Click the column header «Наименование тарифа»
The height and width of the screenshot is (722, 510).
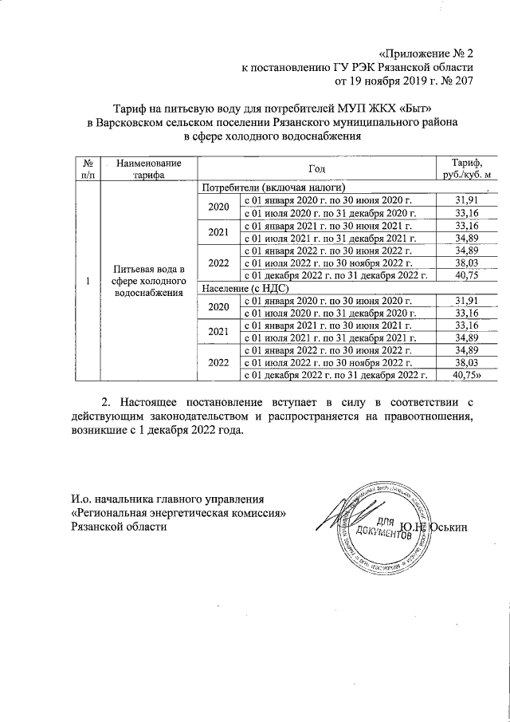(x=149, y=168)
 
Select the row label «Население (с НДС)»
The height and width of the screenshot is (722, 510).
(x=245, y=288)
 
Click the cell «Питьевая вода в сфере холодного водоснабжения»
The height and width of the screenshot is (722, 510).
(x=149, y=281)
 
